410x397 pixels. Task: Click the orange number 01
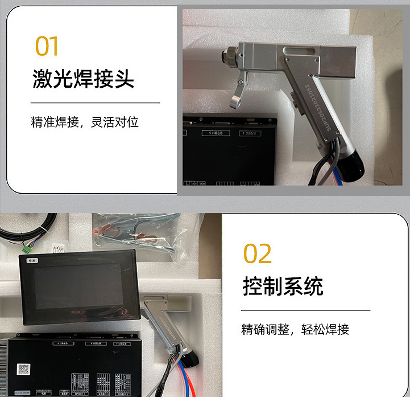pyautogui.click(x=47, y=46)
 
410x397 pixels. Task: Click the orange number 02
pyautogui.click(x=258, y=253)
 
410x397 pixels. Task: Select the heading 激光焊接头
pyautogui.click(x=83, y=79)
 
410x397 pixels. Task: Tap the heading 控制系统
pyautogui.click(x=283, y=285)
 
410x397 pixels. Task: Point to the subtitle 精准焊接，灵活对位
pyautogui.click(x=85, y=122)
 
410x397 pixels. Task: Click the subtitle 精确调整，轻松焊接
pyautogui.click(x=295, y=329)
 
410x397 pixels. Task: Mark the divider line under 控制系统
pyautogui.click(x=305, y=310)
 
